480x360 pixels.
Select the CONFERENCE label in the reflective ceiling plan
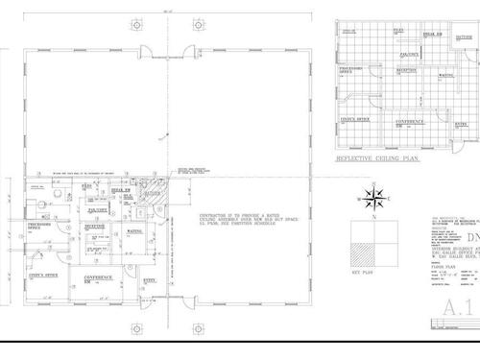pyautogui.click(x=410, y=122)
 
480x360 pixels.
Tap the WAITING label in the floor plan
pyautogui.click(x=133, y=231)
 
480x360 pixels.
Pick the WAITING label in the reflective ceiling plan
pyautogui.click(x=446, y=75)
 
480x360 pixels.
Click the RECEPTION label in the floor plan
pyautogui.click(x=94, y=227)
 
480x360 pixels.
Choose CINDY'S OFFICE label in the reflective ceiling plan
pyautogui.click(x=356, y=118)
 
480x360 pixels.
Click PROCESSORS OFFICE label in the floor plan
pyautogui.click(x=39, y=227)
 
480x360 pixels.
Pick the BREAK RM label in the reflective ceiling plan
pyautogui.click(x=432, y=34)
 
